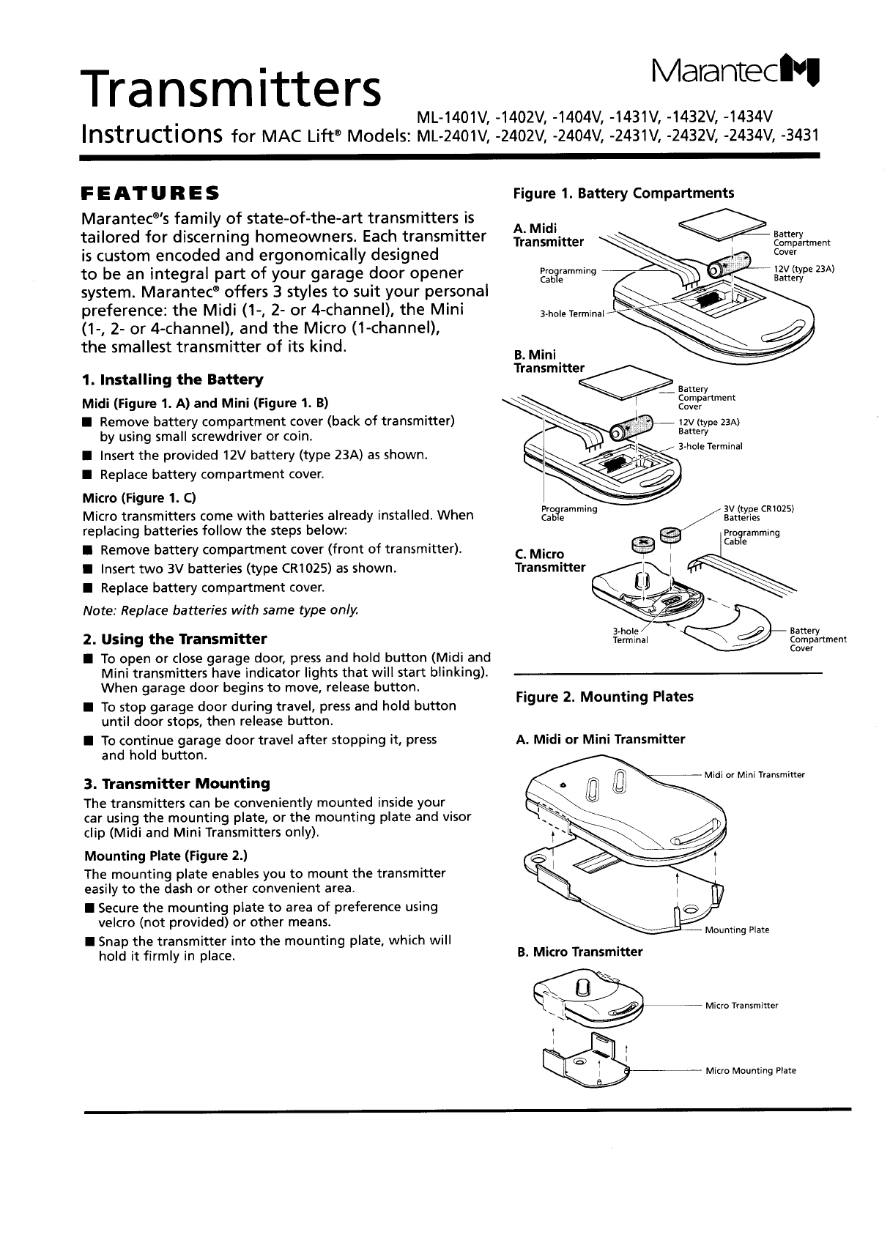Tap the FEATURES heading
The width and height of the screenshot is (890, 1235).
pos(149,195)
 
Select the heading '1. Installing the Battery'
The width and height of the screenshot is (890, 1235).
pos(173,379)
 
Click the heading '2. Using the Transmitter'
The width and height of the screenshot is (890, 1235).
pos(175,638)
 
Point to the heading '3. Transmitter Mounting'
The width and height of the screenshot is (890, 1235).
pos(177,783)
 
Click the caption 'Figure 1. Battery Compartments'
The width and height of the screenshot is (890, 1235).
pos(623,193)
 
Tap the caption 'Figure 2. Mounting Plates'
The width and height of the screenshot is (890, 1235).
pos(604,697)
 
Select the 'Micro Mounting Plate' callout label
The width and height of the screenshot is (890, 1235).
pos(750,1071)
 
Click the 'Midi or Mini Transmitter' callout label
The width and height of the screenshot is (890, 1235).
pos(754,775)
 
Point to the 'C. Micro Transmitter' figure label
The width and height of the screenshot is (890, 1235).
pos(549,560)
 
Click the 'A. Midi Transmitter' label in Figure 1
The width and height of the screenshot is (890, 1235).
pos(548,235)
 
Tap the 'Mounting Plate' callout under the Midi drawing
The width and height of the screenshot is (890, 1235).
pos(736,930)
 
